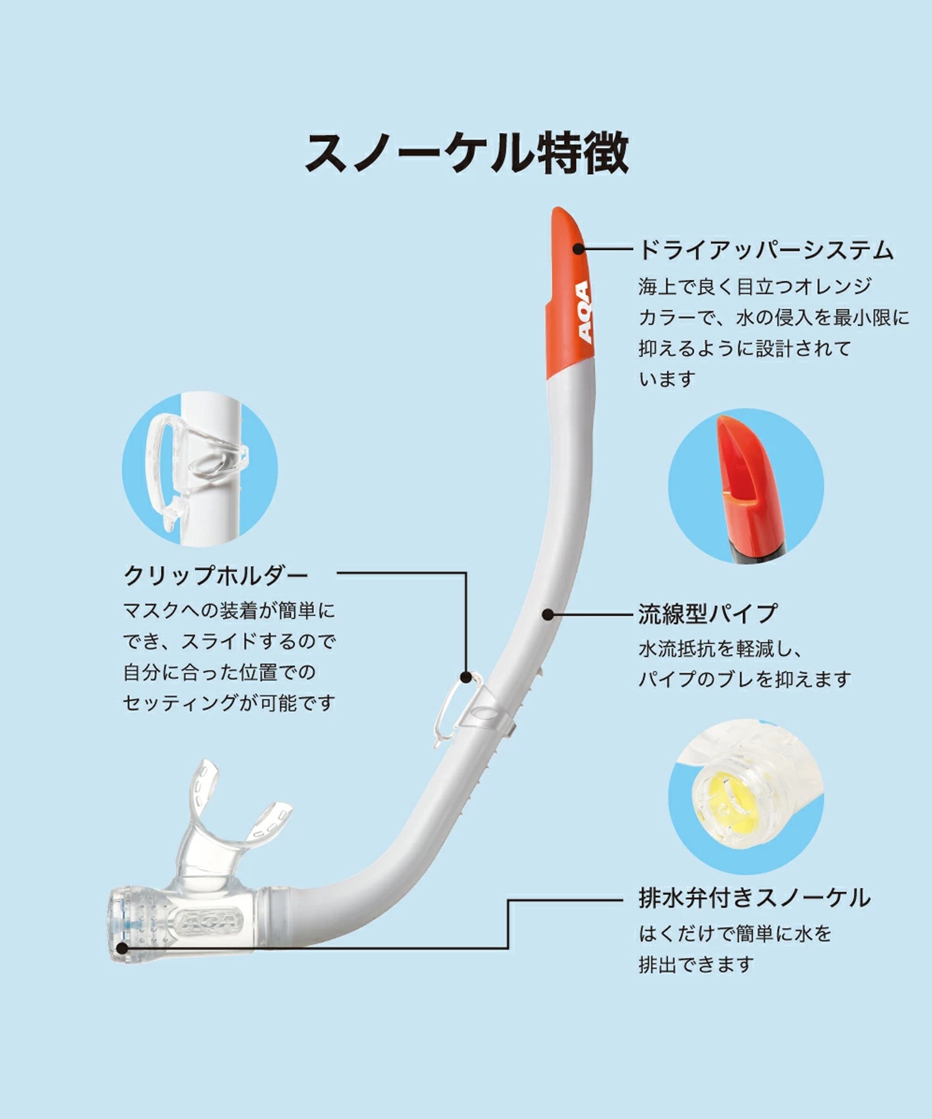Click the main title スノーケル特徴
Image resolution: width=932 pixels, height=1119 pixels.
(466, 153)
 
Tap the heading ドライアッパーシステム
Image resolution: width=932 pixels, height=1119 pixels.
(766, 250)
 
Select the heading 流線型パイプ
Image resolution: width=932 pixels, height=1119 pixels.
(708, 614)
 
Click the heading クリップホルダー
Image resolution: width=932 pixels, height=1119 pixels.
(216, 575)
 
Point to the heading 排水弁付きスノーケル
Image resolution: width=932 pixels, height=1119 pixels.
(754, 898)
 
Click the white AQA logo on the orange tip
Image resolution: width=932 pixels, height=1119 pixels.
(583, 311)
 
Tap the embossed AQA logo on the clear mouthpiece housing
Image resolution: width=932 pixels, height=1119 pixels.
(209, 921)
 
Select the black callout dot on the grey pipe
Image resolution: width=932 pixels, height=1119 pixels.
(547, 614)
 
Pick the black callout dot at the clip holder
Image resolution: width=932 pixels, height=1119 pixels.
(465, 677)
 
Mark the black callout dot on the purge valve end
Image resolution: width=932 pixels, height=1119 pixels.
(122, 948)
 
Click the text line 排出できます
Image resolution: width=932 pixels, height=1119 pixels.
(697, 964)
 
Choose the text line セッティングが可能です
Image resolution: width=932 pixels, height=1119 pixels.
(229, 702)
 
